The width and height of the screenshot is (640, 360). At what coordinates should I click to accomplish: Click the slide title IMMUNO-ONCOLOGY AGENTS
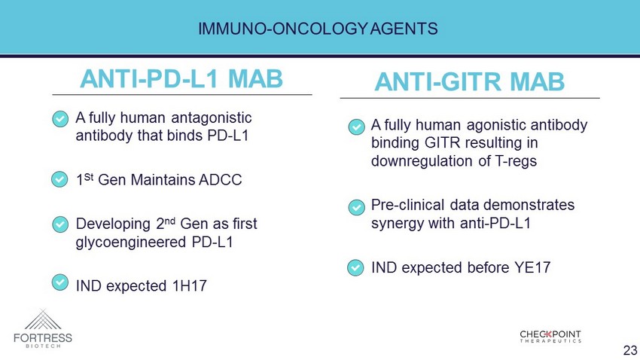[x=318, y=29]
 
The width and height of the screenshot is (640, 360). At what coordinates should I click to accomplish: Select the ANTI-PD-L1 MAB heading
[x=181, y=78]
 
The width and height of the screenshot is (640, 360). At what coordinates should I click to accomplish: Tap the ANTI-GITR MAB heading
[x=469, y=81]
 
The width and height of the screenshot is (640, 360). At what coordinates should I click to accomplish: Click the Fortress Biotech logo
[x=43, y=328]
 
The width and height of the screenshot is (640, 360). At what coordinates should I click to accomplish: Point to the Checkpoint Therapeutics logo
[x=550, y=337]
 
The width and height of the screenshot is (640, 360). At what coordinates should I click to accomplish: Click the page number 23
[x=630, y=349]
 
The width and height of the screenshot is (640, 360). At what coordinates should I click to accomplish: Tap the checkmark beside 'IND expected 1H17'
[x=60, y=282]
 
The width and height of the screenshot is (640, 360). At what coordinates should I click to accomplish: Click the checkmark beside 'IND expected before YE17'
[x=355, y=268]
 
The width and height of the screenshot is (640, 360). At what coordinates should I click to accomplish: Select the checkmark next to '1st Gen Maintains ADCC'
[x=59, y=179]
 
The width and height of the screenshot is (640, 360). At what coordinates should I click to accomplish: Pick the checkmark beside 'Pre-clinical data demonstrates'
[x=356, y=207]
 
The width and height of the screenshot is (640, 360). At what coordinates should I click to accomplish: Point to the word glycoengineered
[x=131, y=242]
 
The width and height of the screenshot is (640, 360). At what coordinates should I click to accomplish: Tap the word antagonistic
[x=212, y=118]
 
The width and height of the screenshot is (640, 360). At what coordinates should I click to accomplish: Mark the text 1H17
[x=190, y=285]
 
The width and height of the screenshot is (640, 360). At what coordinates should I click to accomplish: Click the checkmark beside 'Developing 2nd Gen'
[x=60, y=224]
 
